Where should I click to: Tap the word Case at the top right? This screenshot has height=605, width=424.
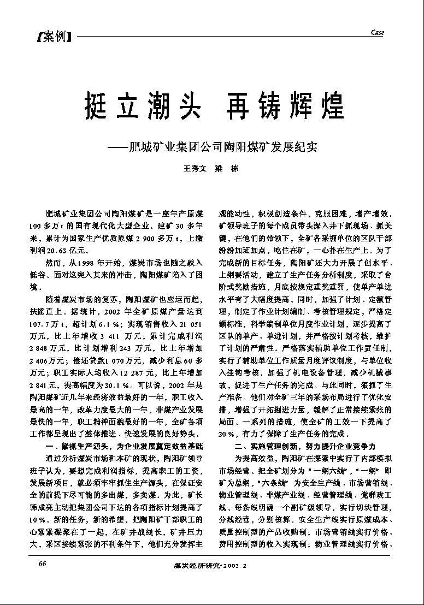pyautogui.click(x=378, y=33)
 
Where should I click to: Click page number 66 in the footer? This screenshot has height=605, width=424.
pyautogui.click(x=43, y=563)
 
